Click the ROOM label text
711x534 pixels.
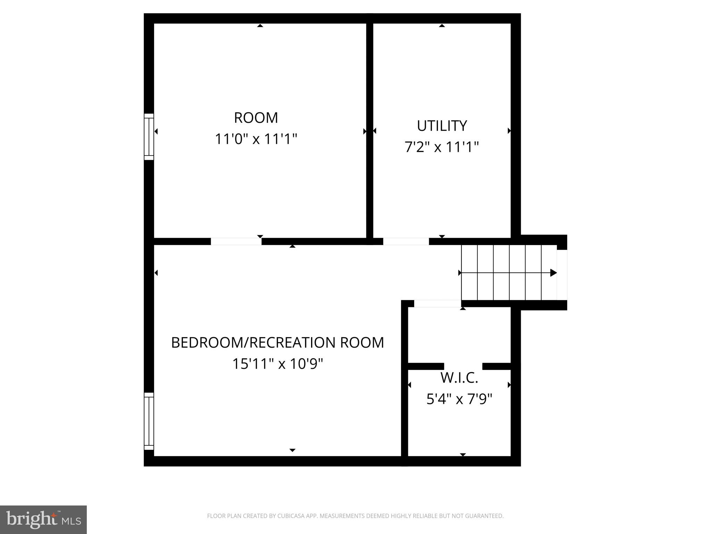click(x=256, y=118)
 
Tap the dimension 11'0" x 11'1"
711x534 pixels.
click(x=256, y=139)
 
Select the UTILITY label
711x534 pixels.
click(x=442, y=126)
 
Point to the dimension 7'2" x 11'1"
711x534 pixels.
click(x=442, y=147)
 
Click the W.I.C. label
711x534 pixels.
click(x=459, y=378)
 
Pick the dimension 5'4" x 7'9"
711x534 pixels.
click(x=459, y=399)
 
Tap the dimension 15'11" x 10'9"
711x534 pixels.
click(x=277, y=364)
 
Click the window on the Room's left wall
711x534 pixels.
click(x=149, y=137)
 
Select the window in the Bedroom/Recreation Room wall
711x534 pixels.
click(x=149, y=421)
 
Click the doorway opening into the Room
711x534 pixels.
click(x=236, y=241)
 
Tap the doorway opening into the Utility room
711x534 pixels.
click(x=406, y=241)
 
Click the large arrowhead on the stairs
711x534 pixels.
click(x=553, y=273)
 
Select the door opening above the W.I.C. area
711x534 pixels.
click(x=437, y=304)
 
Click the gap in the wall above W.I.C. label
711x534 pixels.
click(x=463, y=366)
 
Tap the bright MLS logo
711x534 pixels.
click(x=43, y=519)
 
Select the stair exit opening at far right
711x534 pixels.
click(x=562, y=275)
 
